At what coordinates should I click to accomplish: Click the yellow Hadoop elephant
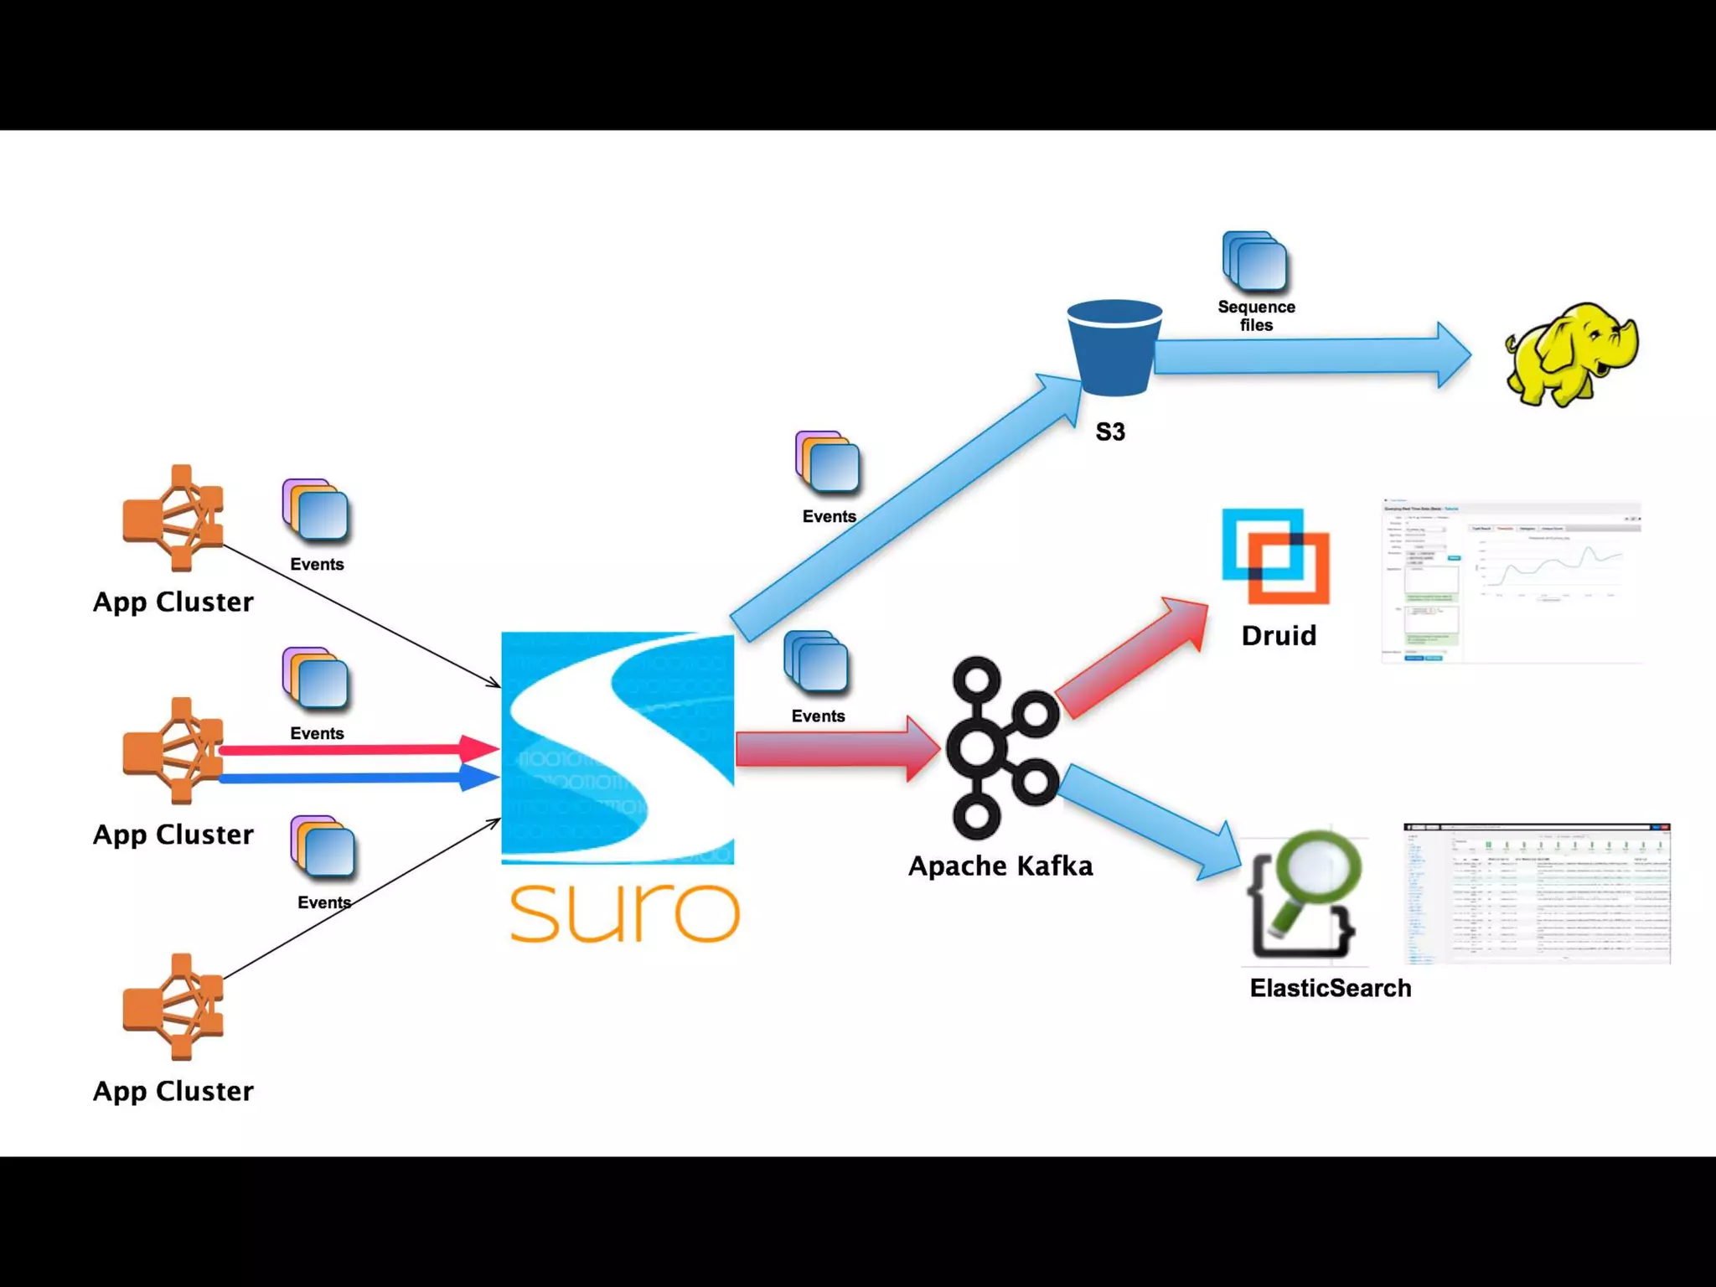point(1572,355)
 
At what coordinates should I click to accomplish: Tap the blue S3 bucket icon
point(1114,347)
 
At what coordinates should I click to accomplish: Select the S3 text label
point(1110,432)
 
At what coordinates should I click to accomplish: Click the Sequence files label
point(1256,316)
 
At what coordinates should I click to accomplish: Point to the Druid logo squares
point(1275,556)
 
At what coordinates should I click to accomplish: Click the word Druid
point(1279,635)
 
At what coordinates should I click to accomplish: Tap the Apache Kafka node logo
point(1002,747)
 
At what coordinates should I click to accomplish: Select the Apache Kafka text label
point(1000,866)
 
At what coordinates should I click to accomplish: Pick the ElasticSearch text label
point(1330,988)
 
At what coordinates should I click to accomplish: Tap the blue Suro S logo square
point(618,747)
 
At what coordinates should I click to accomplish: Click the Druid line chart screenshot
point(1511,581)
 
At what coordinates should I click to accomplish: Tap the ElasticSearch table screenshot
point(1537,893)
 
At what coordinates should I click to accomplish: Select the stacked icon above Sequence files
point(1254,261)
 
